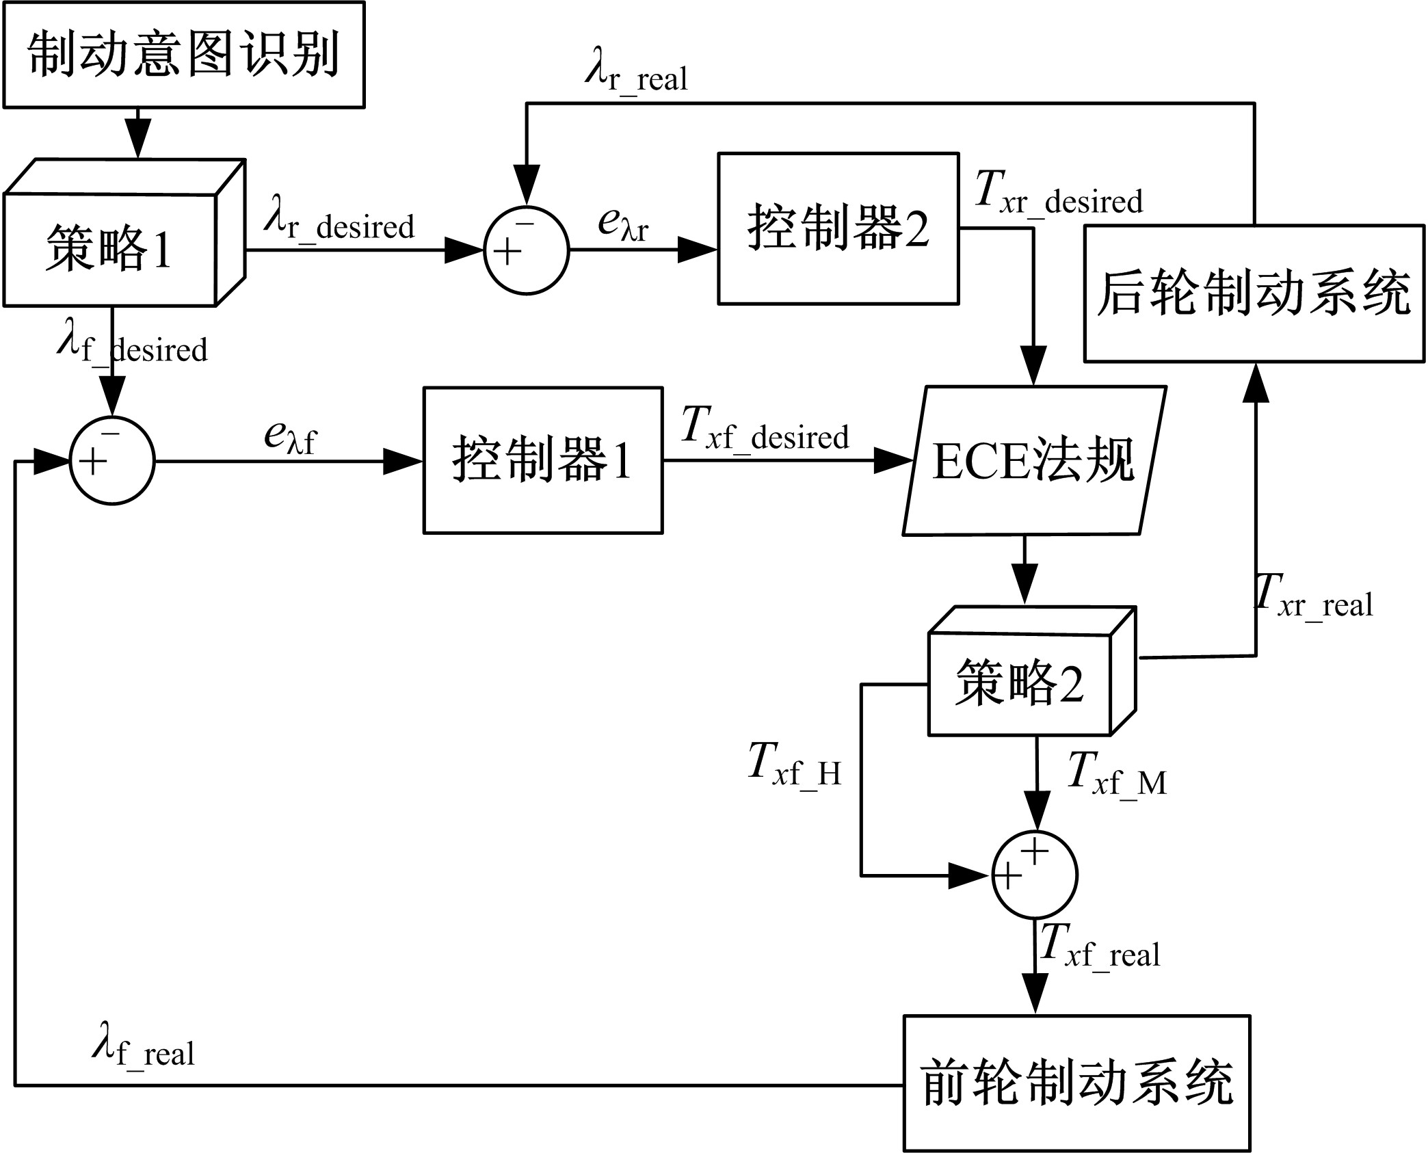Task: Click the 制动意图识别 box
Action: pyautogui.click(x=183, y=55)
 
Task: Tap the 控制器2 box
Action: pyautogui.click(x=838, y=228)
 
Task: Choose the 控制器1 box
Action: pyautogui.click(x=543, y=460)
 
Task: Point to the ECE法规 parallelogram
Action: pyautogui.click(x=1034, y=461)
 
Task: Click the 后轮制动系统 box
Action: pyautogui.click(x=1254, y=293)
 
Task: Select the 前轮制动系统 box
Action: pyautogui.click(x=1076, y=1083)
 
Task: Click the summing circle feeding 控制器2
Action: pyautogui.click(x=526, y=250)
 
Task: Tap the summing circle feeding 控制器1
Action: pyautogui.click(x=112, y=461)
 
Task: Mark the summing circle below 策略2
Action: pyautogui.click(x=1035, y=875)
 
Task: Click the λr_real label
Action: pyautogui.click(x=636, y=74)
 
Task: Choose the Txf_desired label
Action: pyautogui.click(x=765, y=432)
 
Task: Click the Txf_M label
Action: pyautogui.click(x=1116, y=776)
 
